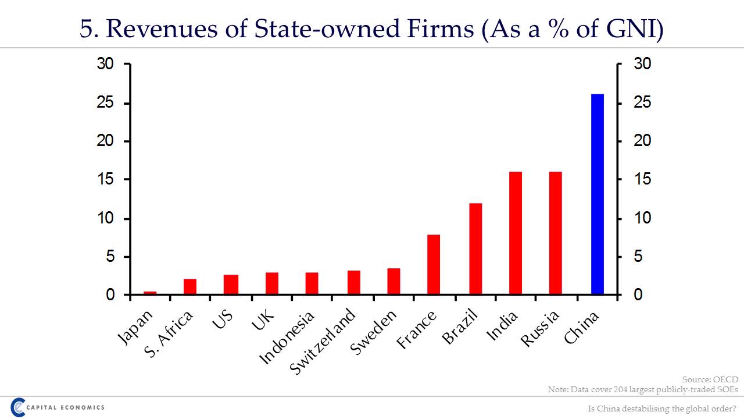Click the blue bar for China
pyautogui.click(x=598, y=194)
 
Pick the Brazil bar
pyautogui.click(x=475, y=249)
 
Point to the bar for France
pyautogui.click(x=434, y=265)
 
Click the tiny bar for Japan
pyautogui.click(x=150, y=293)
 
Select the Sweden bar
pyautogui.click(x=394, y=282)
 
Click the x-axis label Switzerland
pyautogui.click(x=323, y=342)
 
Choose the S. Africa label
pyautogui.click(x=169, y=335)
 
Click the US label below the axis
pyautogui.click(x=222, y=318)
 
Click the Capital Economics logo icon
pyautogui.click(x=18, y=407)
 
